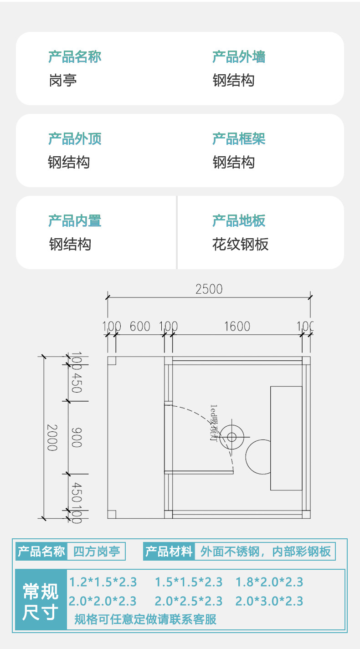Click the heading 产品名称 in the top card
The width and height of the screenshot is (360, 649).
(75, 57)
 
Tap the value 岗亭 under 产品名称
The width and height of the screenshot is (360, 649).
(62, 81)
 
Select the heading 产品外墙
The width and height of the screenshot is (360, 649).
(239, 57)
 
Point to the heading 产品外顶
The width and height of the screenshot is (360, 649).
(75, 139)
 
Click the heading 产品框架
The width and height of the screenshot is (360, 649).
(239, 139)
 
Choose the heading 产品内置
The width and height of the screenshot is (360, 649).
(75, 221)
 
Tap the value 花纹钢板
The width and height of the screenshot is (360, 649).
(240, 245)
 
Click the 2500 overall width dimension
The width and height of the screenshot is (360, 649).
(209, 289)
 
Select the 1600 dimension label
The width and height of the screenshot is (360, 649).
(237, 327)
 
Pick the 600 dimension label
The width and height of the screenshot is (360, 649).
(140, 327)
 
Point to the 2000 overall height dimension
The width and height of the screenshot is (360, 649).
(52, 437)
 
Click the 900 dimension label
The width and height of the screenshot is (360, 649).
(77, 437)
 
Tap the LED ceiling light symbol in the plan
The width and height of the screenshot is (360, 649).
(231, 437)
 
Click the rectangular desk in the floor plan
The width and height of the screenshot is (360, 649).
(286, 438)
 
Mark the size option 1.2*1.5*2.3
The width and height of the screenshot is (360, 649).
(103, 582)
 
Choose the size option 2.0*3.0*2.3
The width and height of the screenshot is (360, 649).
(269, 601)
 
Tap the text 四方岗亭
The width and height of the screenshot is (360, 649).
(96, 552)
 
